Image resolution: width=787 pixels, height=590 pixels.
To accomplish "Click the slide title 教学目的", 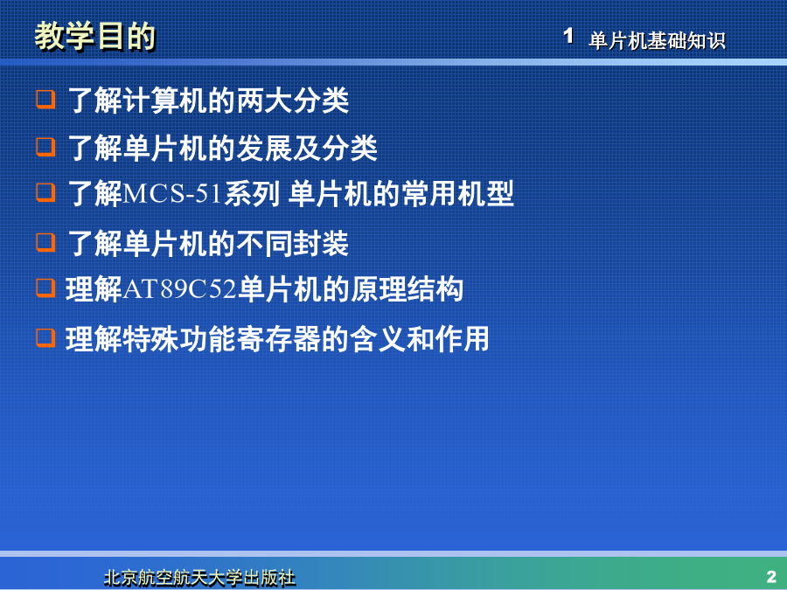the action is [94, 36].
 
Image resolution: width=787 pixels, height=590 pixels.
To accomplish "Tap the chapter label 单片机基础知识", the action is [657, 40].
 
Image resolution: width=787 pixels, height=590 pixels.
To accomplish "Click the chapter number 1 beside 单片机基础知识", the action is [568, 36].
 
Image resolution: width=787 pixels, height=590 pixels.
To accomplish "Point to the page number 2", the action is [771, 576].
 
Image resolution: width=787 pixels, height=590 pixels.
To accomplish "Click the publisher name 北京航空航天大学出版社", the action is [199, 578].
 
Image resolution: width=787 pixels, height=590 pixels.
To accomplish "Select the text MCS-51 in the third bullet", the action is [171, 194].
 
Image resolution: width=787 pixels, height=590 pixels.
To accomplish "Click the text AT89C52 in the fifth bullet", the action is [179, 289].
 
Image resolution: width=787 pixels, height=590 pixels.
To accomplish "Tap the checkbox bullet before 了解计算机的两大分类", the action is [45, 100].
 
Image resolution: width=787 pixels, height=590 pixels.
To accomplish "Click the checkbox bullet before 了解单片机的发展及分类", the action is [45, 148].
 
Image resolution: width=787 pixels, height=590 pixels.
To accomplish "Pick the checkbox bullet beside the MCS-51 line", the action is [45, 192].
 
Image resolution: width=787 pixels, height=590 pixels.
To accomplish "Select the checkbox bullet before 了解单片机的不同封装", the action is [45, 242].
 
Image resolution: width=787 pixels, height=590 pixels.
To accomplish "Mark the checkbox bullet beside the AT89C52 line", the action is [45, 288].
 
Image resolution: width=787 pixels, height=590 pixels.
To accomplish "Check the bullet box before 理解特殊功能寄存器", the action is [45, 337].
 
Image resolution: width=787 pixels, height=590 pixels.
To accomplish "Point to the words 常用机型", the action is [457, 194].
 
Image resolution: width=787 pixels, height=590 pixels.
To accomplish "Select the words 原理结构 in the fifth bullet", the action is [407, 289].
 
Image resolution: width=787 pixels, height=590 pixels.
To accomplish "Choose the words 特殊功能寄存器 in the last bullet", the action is [221, 338].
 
